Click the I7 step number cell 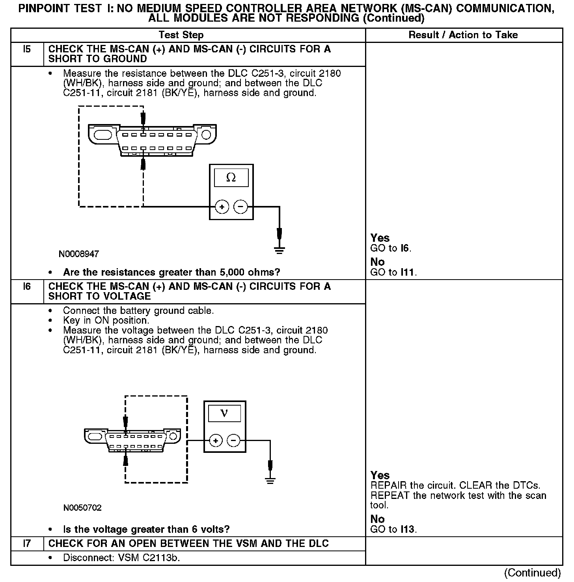point(27,544)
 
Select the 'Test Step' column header point(181,35)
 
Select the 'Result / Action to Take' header point(463,35)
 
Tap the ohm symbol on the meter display point(231,178)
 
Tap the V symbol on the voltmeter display point(224,413)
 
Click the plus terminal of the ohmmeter point(222,207)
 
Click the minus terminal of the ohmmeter point(240,207)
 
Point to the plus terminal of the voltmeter point(215,440)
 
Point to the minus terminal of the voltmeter point(234,440)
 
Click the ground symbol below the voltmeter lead point(270,480)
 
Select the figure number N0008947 point(79,254)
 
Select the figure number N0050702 point(82,508)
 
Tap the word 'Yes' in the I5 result point(380,238)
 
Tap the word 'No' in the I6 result point(377,519)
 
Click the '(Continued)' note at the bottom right point(532,573)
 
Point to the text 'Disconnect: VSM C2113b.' point(121,558)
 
